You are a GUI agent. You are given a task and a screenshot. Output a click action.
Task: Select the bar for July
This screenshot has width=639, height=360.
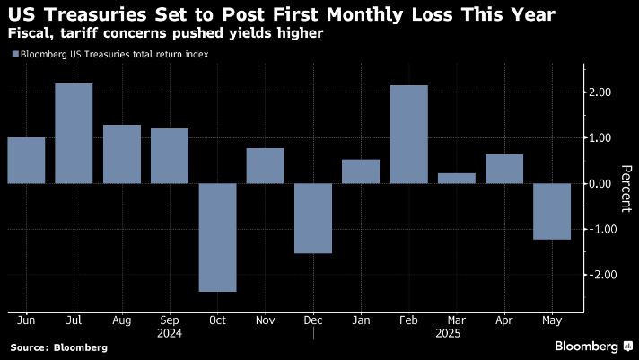pyautogui.click(x=74, y=134)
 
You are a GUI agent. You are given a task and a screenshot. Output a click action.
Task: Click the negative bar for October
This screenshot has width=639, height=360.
pyautogui.click(x=217, y=237)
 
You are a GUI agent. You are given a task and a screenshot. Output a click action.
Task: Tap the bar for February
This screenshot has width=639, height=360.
pyautogui.click(x=409, y=135)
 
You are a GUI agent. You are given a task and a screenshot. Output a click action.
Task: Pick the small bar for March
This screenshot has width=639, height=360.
pyautogui.click(x=457, y=179)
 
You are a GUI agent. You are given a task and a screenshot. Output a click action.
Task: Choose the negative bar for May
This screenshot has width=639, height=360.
pyautogui.click(x=553, y=211)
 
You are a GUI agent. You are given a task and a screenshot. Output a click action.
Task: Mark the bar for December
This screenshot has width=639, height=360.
pyautogui.click(x=313, y=218)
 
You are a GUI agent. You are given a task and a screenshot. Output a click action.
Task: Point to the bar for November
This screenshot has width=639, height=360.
pyautogui.click(x=265, y=166)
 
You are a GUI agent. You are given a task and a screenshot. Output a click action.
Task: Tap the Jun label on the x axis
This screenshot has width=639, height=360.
pyautogui.click(x=26, y=320)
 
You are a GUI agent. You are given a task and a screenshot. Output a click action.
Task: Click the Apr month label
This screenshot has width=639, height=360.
pyautogui.click(x=504, y=320)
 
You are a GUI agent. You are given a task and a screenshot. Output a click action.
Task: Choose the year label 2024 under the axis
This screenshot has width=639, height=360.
pyautogui.click(x=169, y=332)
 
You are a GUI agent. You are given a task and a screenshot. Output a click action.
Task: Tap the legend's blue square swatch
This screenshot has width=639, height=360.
pyautogui.click(x=14, y=55)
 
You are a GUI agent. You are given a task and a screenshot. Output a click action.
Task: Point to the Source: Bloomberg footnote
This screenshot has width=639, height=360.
pyautogui.click(x=58, y=347)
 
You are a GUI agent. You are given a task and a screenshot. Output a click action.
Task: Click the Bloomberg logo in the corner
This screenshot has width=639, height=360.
pyautogui.click(x=592, y=346)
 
